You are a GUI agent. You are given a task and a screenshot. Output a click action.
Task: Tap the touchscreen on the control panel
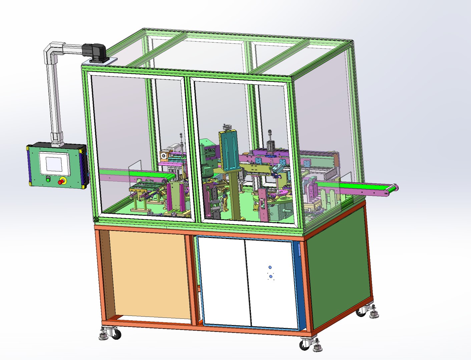point(54,164)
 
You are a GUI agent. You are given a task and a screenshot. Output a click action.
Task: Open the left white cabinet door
point(224,282)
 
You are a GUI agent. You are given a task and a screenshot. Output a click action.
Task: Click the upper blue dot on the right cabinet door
point(270,268)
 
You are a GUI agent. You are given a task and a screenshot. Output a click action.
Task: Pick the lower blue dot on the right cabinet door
point(271,276)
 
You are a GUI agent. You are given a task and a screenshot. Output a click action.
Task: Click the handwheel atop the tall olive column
point(227,127)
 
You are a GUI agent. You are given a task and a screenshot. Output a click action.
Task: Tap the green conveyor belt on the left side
point(140,173)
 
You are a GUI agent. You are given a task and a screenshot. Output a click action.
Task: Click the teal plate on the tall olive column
point(230,150)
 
